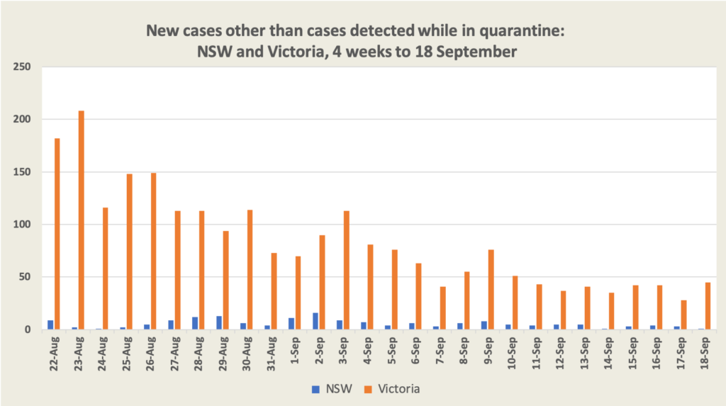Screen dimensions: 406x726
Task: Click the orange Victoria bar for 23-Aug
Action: pos(82,220)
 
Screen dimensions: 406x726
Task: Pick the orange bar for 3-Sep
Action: pos(346,270)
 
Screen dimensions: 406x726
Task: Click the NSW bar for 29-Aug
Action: pos(219,322)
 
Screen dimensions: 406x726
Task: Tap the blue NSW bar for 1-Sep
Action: pos(291,324)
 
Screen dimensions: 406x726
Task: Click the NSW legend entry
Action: pos(328,389)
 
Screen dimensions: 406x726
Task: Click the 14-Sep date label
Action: pos(608,354)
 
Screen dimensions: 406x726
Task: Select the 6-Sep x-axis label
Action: pos(416,352)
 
